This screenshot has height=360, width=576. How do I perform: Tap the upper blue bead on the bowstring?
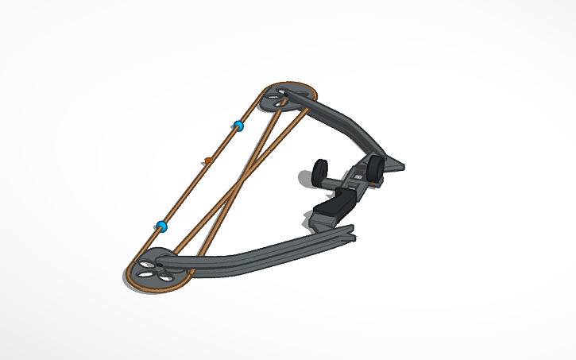point(237,126)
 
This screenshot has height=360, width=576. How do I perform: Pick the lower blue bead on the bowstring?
point(161,226)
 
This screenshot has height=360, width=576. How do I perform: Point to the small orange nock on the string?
point(207,161)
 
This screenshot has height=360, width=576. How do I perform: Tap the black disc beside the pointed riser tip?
point(376,167)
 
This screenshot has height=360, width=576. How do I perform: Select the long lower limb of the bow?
point(254,254)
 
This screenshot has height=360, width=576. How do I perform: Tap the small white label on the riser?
point(358,175)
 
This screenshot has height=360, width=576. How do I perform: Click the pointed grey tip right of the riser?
point(397,167)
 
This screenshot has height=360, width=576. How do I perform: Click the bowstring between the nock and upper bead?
point(222,143)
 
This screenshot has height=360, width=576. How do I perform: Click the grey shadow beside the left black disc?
point(306,176)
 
